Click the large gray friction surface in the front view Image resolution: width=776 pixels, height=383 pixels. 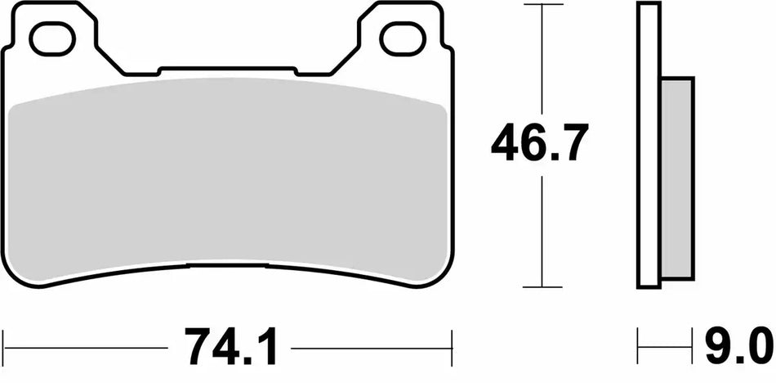coord(229,176)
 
